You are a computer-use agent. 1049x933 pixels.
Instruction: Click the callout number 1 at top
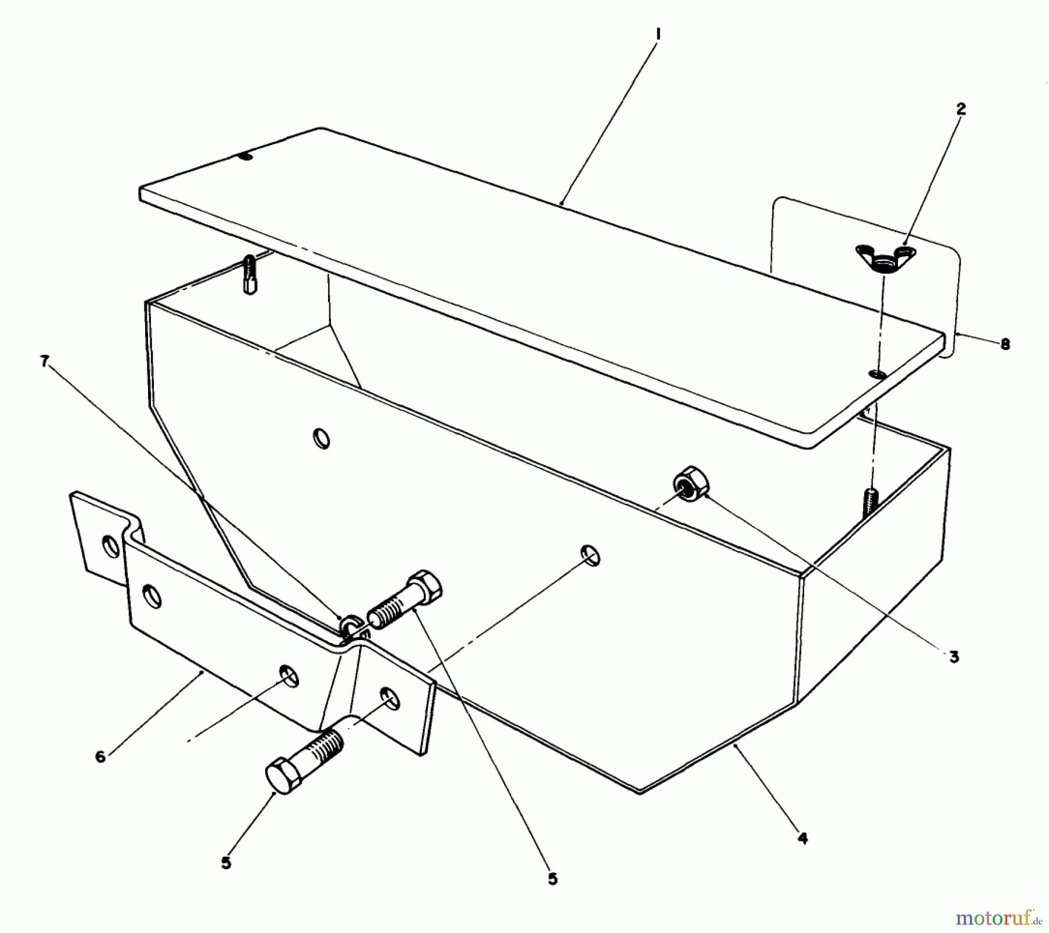(657, 35)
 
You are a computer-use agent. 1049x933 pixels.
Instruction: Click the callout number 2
(960, 109)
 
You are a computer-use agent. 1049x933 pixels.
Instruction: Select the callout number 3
(953, 657)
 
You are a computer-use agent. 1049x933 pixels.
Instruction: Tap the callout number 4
(802, 839)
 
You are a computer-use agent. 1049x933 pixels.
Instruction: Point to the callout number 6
(100, 757)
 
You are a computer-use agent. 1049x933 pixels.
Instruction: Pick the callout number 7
(44, 362)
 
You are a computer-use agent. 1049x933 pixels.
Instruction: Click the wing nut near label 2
(885, 257)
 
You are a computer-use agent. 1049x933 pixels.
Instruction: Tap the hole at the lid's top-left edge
(246, 156)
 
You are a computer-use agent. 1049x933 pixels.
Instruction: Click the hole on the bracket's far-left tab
(109, 546)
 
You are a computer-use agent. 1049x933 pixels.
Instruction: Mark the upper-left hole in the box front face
(321, 438)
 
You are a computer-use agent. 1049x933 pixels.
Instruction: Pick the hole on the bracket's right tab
(390, 698)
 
